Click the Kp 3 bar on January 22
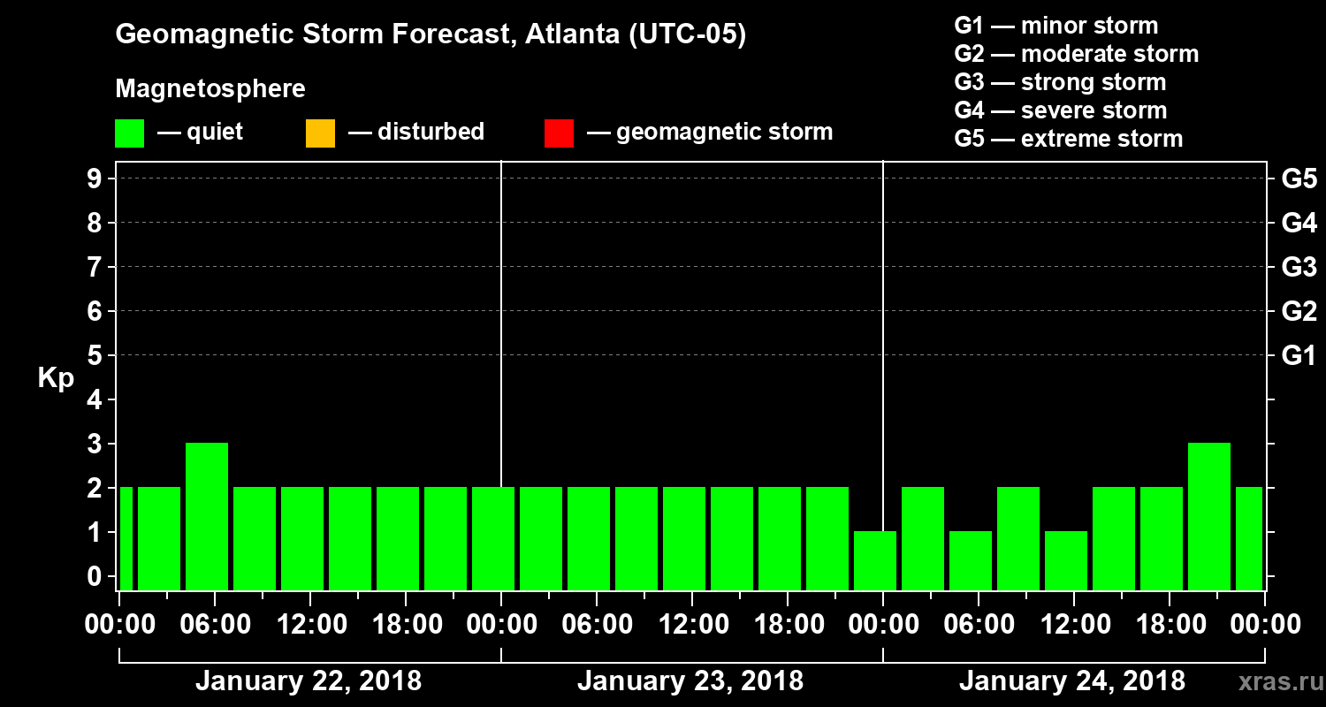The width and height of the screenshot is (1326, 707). (x=207, y=516)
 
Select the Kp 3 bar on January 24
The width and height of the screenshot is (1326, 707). (x=1209, y=516)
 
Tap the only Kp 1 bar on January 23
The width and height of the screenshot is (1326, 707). (x=875, y=560)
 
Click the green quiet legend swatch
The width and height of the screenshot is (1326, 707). (x=129, y=133)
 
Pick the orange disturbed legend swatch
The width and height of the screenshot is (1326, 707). (x=320, y=133)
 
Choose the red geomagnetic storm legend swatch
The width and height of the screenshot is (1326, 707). (x=559, y=133)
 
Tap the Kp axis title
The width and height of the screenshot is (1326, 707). (x=56, y=378)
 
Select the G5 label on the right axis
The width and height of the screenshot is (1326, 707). (x=1299, y=179)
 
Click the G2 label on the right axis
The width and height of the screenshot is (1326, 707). (x=1299, y=311)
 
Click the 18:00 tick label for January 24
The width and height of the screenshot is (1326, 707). (x=1170, y=625)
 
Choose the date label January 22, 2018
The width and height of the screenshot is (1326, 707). (x=309, y=681)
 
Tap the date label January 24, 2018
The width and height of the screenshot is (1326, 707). (x=1071, y=681)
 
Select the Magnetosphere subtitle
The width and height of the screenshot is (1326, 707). (x=210, y=89)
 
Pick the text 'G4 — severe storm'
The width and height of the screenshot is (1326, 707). (x=1061, y=110)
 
